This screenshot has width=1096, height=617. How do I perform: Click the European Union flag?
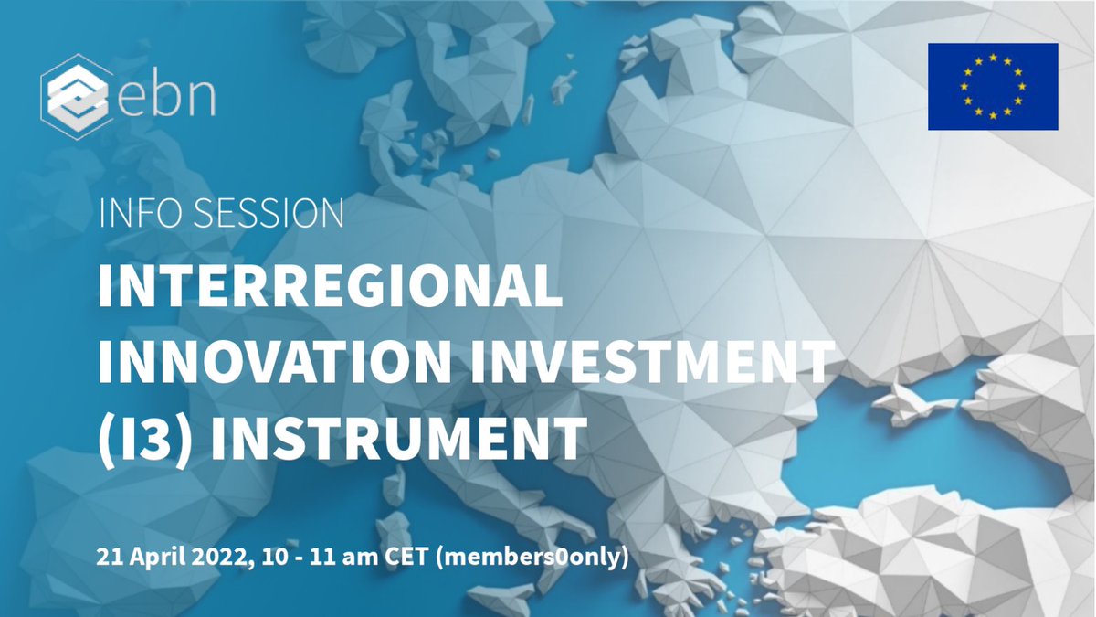pyautogui.click(x=993, y=87)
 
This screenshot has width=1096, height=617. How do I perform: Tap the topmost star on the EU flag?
pyautogui.click(x=993, y=57)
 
